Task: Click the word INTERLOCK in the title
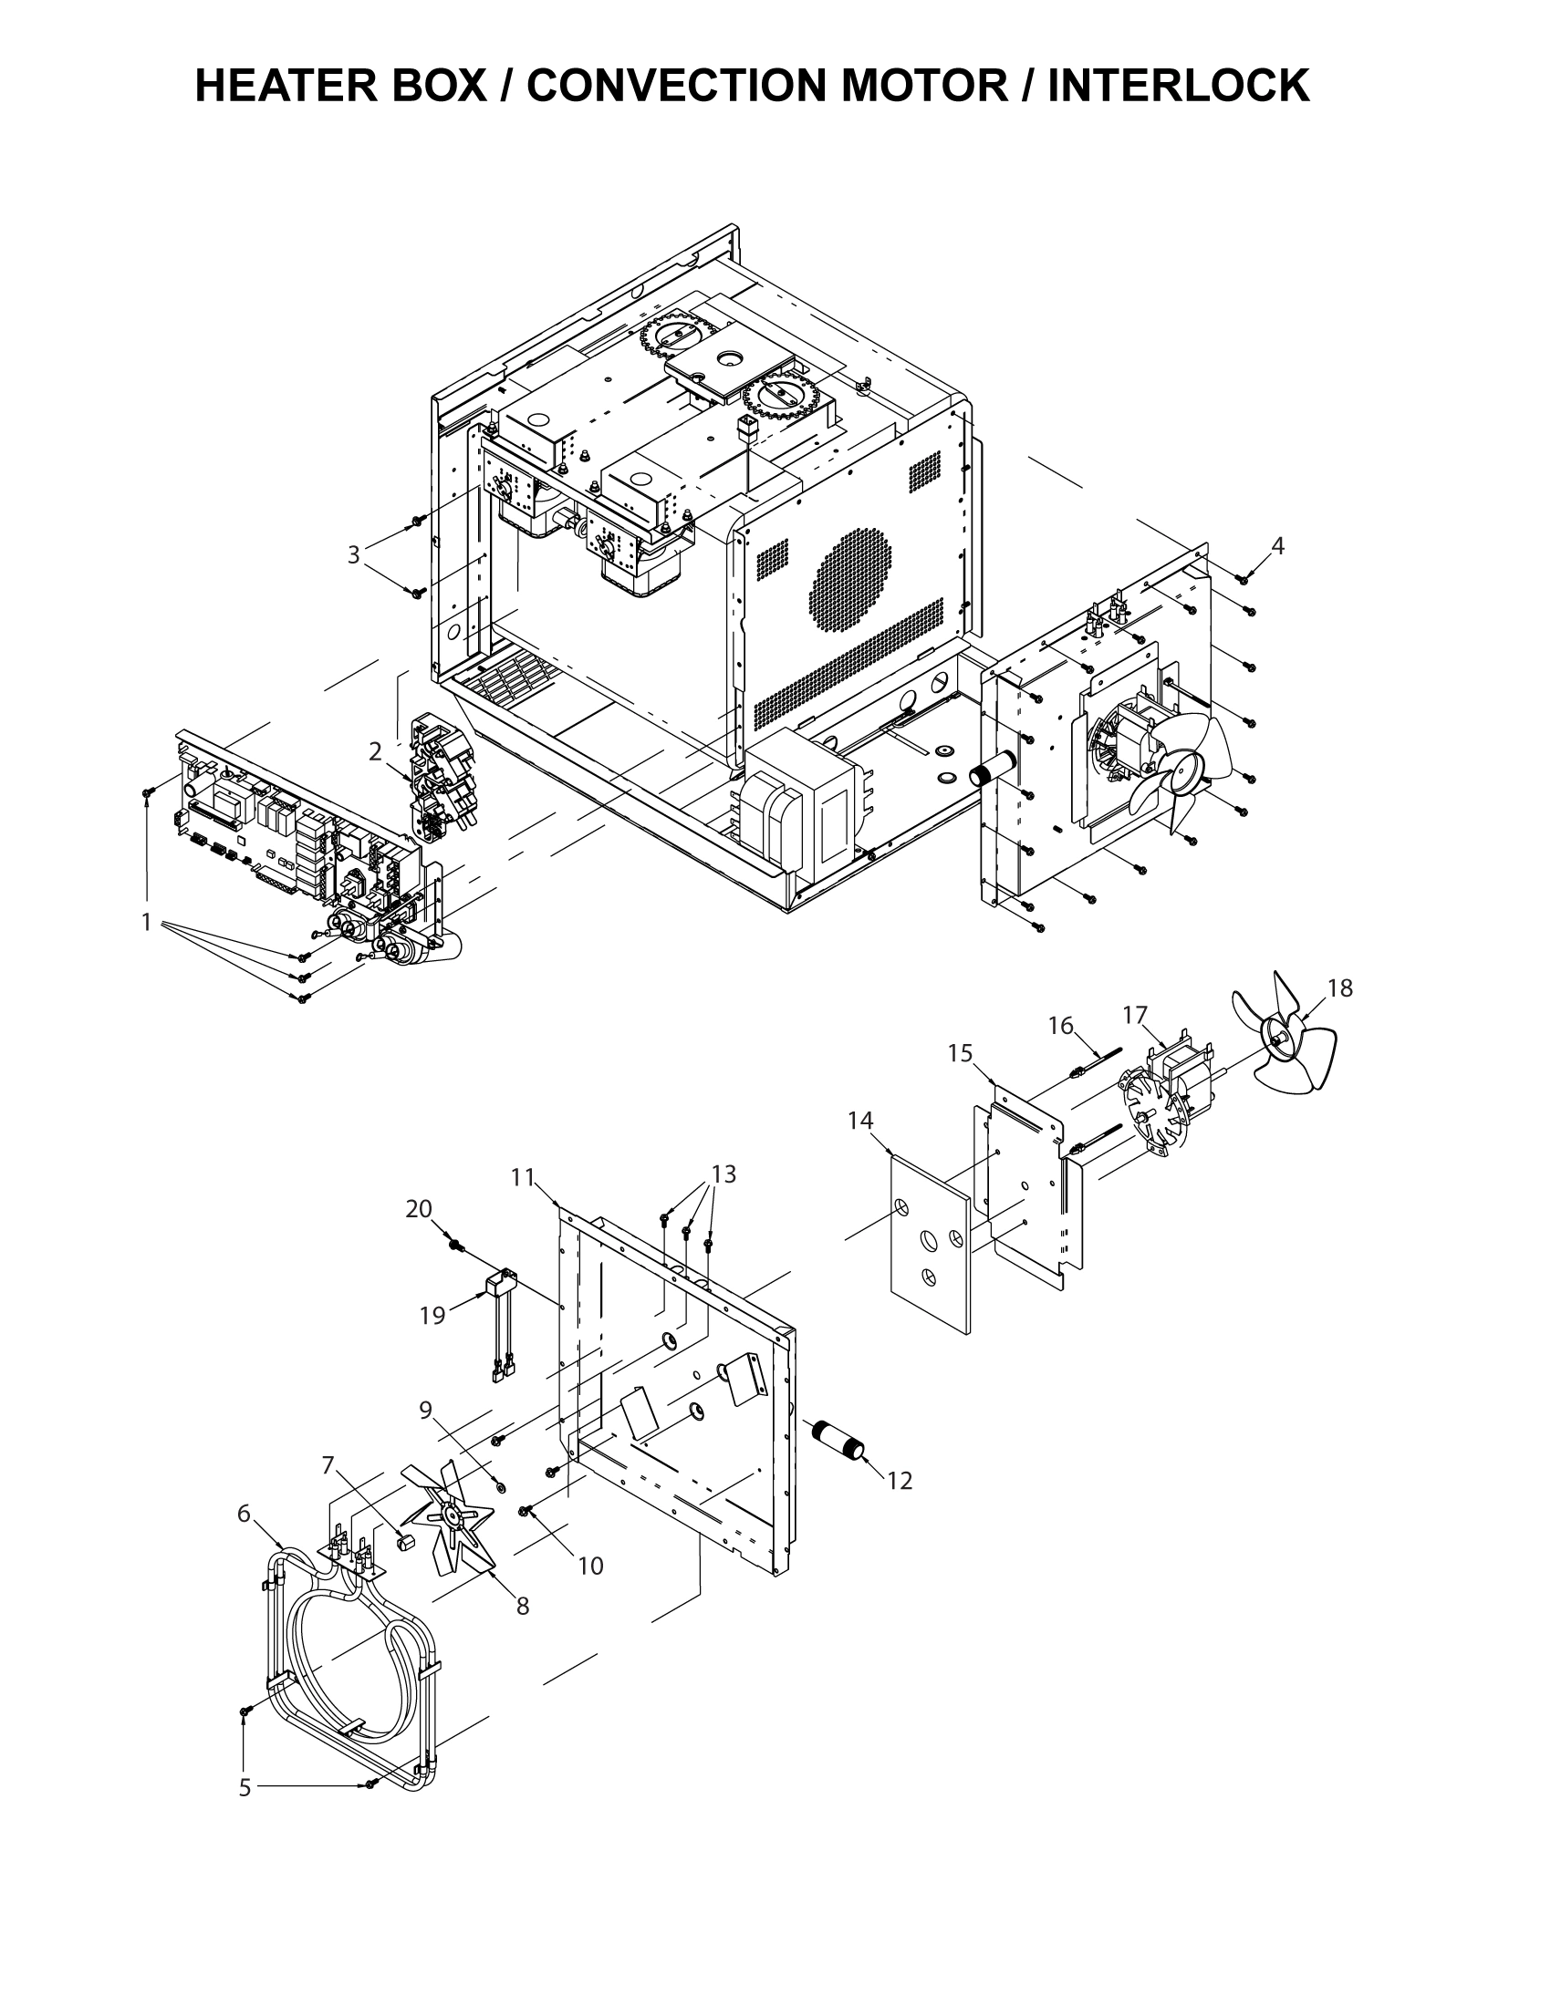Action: point(1178,87)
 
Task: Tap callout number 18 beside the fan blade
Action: point(1339,988)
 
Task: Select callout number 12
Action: point(900,1482)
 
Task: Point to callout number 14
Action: point(860,1121)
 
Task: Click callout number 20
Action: point(418,1210)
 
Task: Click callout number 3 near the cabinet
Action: point(353,554)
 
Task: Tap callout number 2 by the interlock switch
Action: point(375,751)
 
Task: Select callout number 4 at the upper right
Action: point(1277,545)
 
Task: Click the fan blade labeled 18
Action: point(1283,1033)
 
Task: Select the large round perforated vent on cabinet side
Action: point(850,580)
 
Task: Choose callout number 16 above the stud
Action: point(1060,1026)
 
